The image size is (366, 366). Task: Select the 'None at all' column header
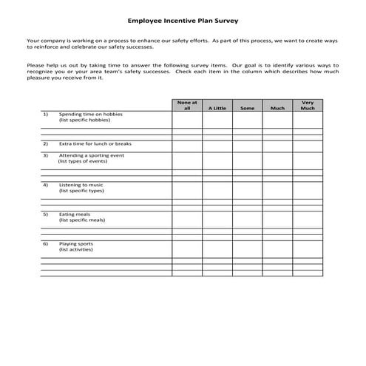click(x=186, y=104)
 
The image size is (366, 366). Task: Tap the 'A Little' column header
click(x=217, y=108)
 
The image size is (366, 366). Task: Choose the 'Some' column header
click(x=247, y=108)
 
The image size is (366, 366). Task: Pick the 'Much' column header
click(x=277, y=108)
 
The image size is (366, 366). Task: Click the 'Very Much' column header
click(x=307, y=104)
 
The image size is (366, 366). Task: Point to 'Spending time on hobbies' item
click(x=91, y=115)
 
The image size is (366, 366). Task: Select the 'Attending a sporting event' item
click(x=93, y=155)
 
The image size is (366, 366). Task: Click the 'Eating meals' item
click(x=75, y=214)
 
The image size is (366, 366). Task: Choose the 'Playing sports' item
click(x=76, y=243)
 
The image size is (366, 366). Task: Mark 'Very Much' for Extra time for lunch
click(x=307, y=143)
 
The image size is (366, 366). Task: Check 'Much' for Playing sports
click(x=277, y=243)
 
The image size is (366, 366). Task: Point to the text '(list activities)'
click(x=75, y=249)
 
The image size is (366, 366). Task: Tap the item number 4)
click(x=45, y=184)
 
